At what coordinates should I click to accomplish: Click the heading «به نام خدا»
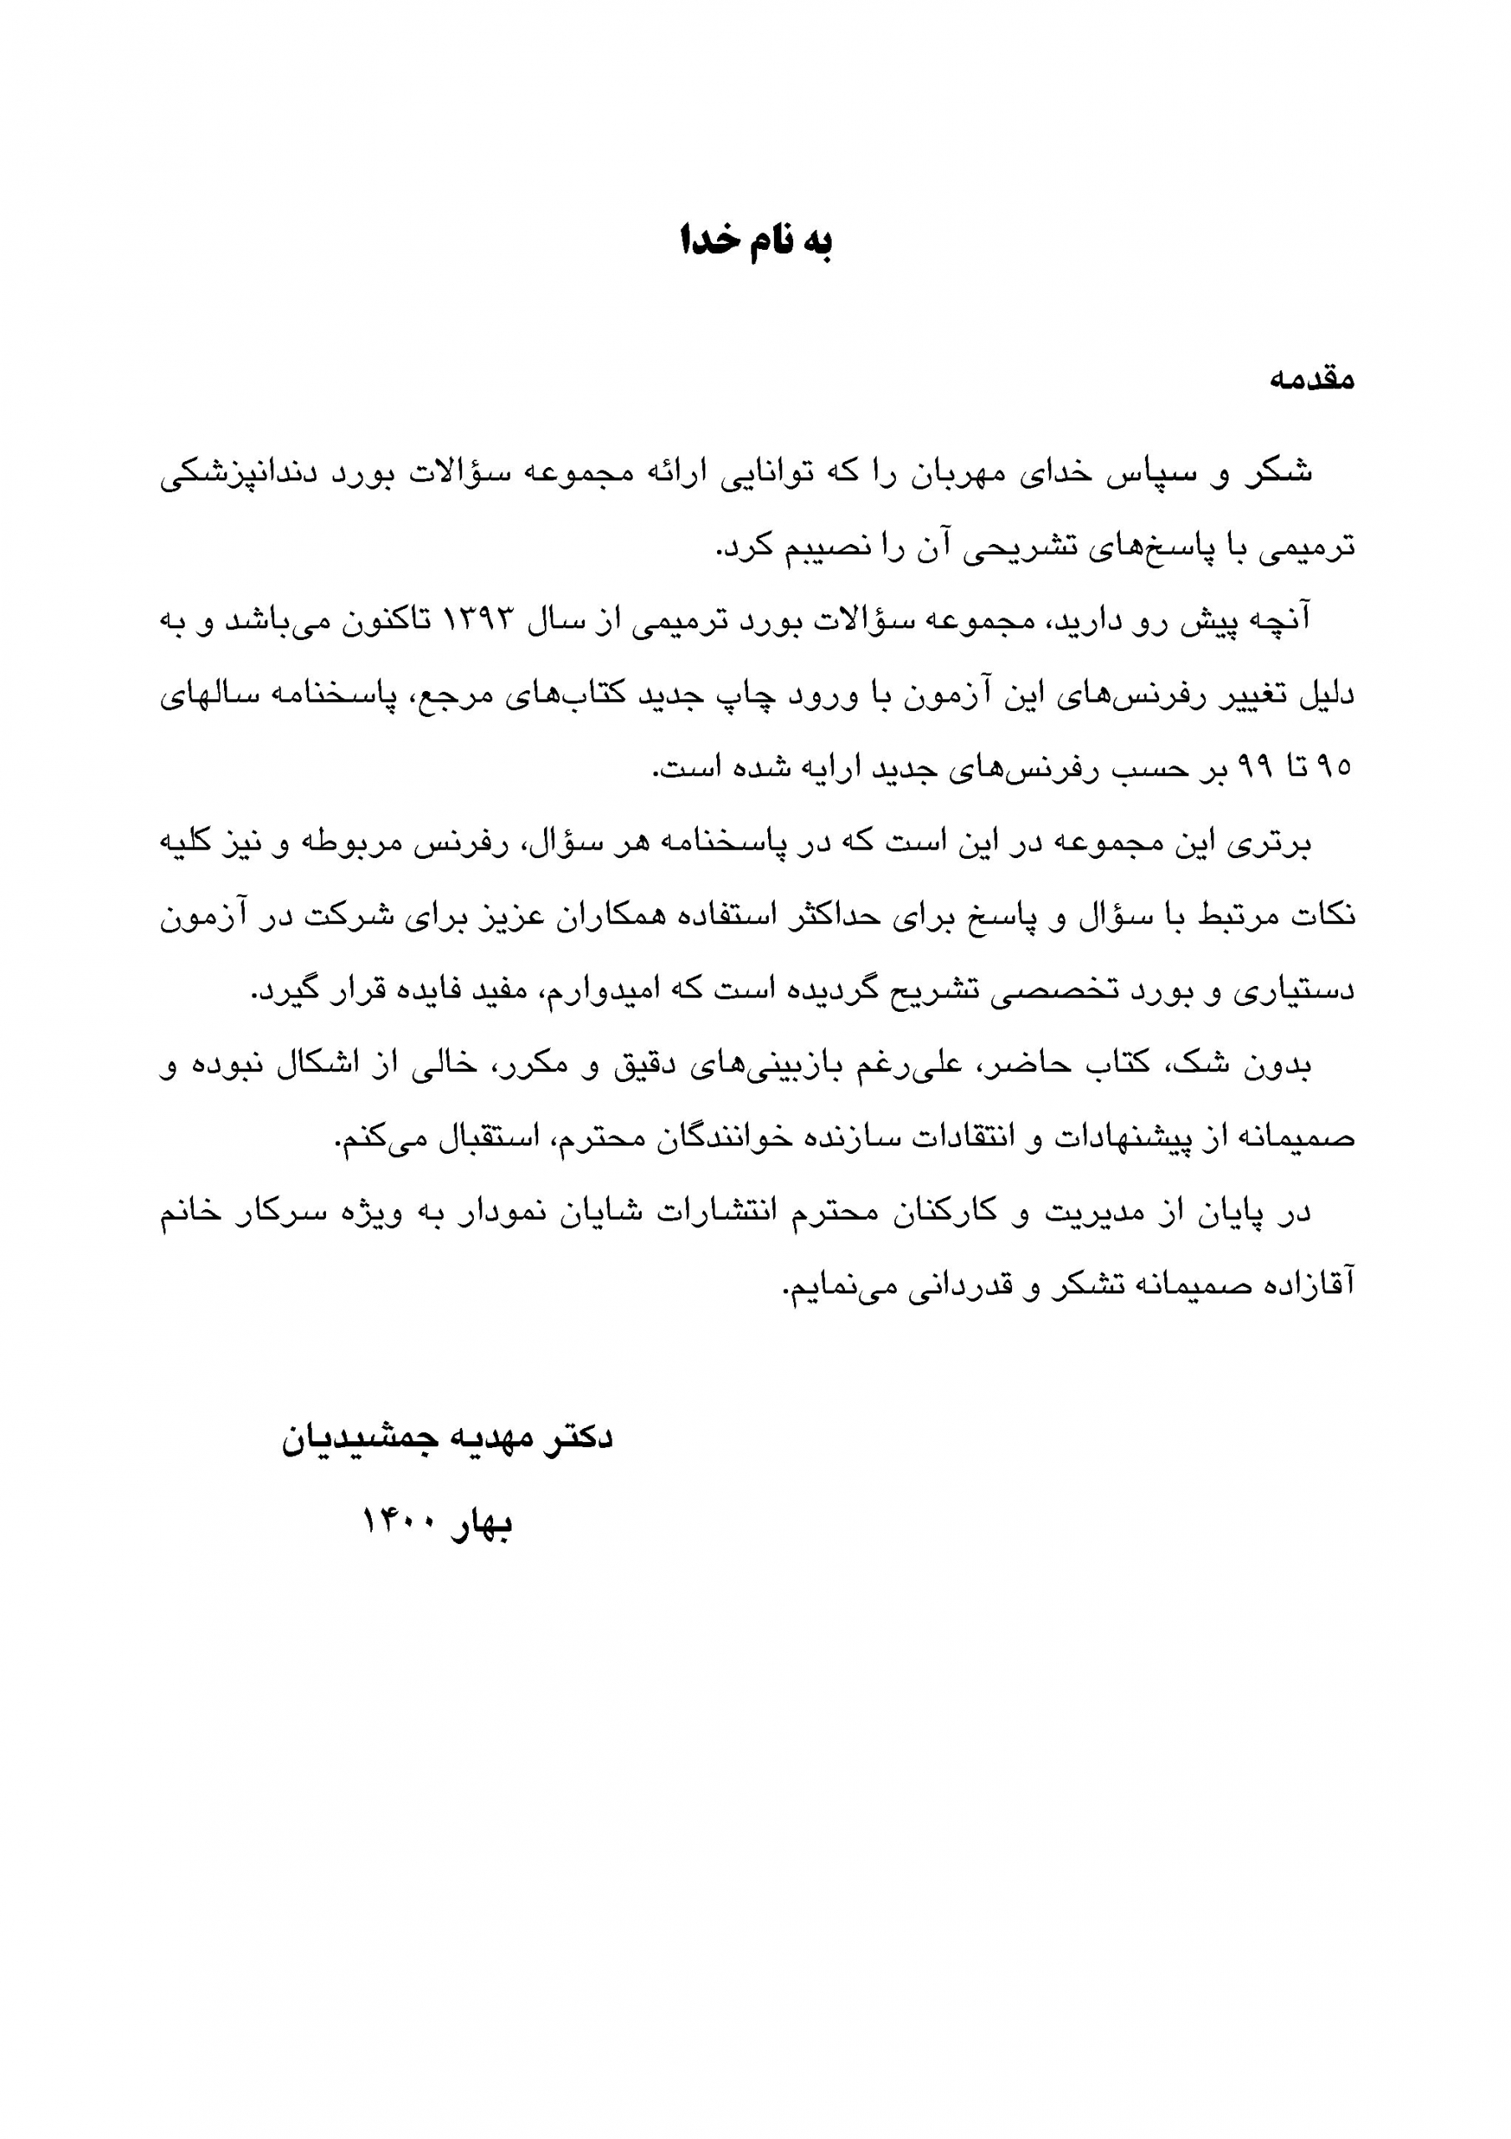pyautogui.click(x=755, y=241)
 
